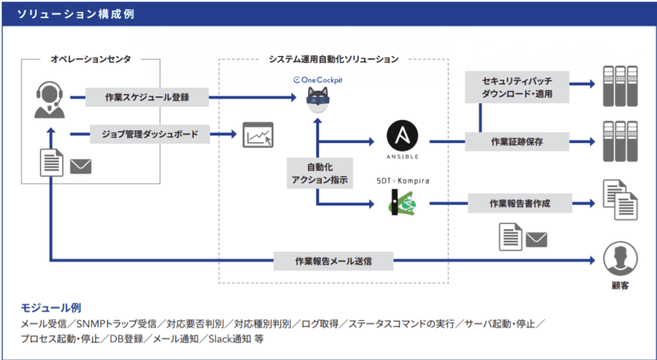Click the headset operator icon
[49, 99]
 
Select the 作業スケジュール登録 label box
[148, 98]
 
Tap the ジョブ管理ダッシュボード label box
[149, 134]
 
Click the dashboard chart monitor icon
[257, 135]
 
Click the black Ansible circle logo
[402, 137]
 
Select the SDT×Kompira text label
[402, 181]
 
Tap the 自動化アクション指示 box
[318, 174]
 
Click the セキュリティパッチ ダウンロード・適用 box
[517, 87]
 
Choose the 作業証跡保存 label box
[516, 142]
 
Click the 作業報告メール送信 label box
[334, 261]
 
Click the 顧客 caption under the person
[620, 286]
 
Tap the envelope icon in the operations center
[81, 166]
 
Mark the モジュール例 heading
[51, 308]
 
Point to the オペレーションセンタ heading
[90, 60]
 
